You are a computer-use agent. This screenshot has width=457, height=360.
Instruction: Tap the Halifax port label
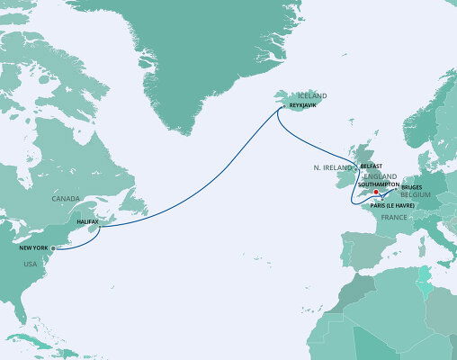(x=88, y=220)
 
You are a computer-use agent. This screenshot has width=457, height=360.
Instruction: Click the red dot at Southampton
(x=375, y=191)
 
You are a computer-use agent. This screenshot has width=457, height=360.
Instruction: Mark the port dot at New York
(x=51, y=247)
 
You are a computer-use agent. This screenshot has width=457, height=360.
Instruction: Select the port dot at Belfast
(x=358, y=168)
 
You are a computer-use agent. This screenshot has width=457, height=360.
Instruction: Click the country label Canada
(x=67, y=198)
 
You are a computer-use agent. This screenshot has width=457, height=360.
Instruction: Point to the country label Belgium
(x=418, y=193)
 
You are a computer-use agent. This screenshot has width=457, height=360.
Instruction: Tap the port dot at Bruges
(x=399, y=190)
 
